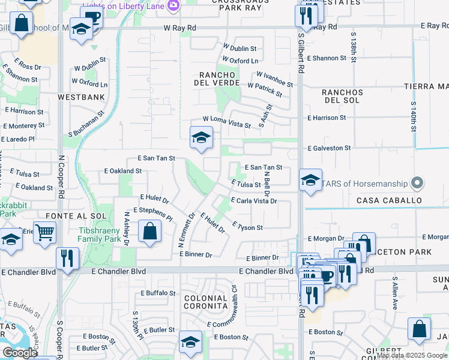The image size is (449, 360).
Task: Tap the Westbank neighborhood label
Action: pyautogui.click(x=81, y=97)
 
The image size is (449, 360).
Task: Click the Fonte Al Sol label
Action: pyautogui.click(x=81, y=215)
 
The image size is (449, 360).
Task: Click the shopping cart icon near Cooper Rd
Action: pyautogui.click(x=45, y=233)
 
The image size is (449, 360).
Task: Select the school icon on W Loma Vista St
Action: pyautogui.click(x=201, y=138)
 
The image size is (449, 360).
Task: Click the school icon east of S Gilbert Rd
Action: pyautogui.click(x=310, y=179)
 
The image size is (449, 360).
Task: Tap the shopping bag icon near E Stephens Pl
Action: pyautogui.click(x=149, y=231)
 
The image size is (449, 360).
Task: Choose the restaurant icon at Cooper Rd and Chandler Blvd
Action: pyautogui.click(x=67, y=258)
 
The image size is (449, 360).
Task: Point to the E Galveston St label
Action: pyautogui.click(x=329, y=148)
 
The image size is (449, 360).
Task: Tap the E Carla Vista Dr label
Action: pyautogui.click(x=254, y=201)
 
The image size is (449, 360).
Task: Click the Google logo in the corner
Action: pyautogui.click(x=20, y=353)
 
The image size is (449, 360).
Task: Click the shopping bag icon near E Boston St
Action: pyautogui.click(x=419, y=329)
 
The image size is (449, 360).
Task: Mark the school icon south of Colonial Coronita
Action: pyautogui.click(x=190, y=342)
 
